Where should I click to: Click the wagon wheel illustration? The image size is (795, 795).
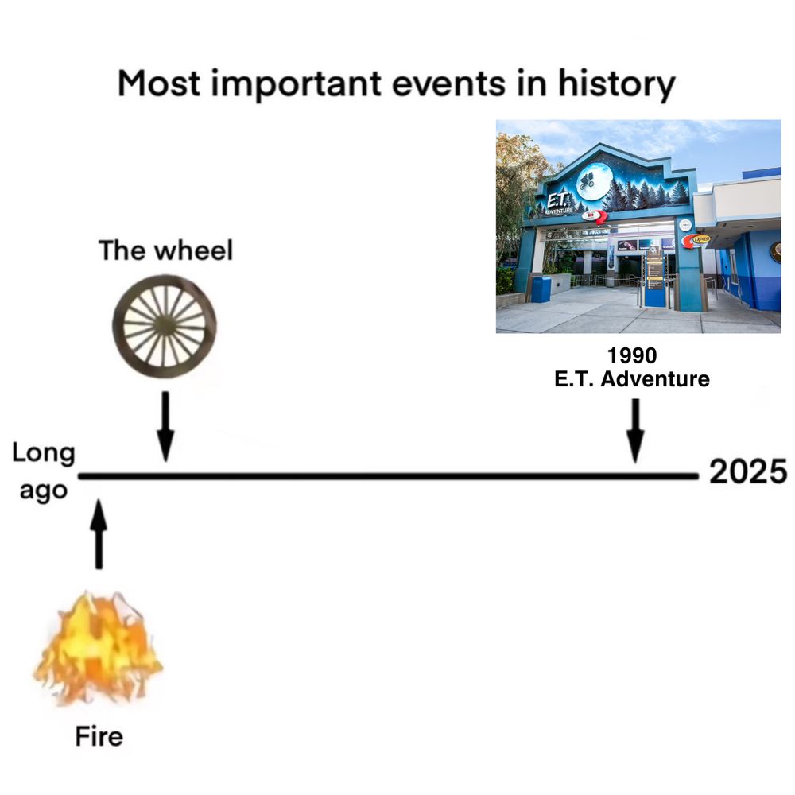(x=164, y=325)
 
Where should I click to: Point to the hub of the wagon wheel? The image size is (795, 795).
(x=164, y=324)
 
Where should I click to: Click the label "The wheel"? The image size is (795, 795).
(x=165, y=251)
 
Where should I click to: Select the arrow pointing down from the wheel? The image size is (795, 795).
(x=165, y=425)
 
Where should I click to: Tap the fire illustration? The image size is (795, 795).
(x=99, y=648)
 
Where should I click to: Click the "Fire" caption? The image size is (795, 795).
(x=99, y=737)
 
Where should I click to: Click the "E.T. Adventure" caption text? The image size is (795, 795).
(x=632, y=379)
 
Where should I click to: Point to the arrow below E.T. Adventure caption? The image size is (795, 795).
(x=634, y=429)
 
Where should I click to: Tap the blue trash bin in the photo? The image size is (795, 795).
(x=541, y=289)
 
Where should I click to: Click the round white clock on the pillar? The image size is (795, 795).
(x=684, y=225)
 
